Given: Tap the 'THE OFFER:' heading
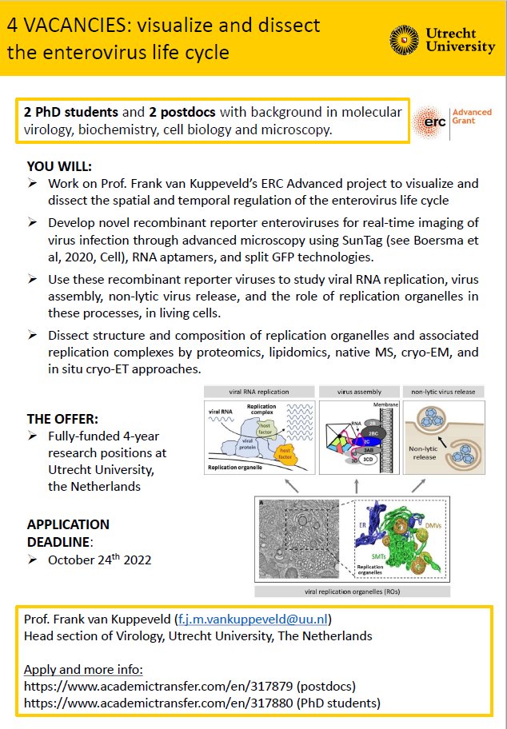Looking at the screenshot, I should coord(63,419).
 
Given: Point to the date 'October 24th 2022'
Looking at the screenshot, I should coord(100,559).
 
